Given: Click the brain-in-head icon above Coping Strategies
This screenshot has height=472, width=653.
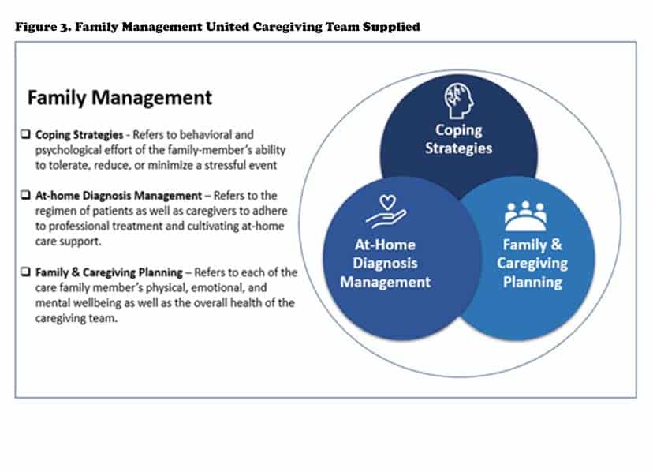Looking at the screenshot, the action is (459, 100).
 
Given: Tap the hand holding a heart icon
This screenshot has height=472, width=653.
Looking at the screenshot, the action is (386, 212).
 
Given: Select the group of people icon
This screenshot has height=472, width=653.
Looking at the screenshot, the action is (525, 216).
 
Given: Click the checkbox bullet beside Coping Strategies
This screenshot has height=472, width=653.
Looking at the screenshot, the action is (26, 134).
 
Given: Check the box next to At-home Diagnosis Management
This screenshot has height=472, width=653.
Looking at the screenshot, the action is (26, 195).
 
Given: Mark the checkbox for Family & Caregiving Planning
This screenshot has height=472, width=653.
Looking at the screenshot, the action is (26, 272).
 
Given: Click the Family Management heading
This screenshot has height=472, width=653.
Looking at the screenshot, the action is (120, 98).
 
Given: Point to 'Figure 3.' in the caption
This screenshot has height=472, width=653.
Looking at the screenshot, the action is (43, 27).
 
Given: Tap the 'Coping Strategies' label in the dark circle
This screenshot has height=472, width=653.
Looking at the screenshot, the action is (458, 139).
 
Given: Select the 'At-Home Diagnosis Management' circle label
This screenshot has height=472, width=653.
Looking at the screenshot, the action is (385, 264).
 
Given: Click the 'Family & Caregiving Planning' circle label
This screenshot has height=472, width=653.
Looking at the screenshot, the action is (532, 264).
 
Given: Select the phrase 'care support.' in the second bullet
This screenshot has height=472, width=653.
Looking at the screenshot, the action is (69, 242).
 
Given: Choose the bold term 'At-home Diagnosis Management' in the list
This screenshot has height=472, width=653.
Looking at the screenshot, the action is (118, 196).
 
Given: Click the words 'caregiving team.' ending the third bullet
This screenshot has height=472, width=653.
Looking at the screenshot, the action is (76, 319).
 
